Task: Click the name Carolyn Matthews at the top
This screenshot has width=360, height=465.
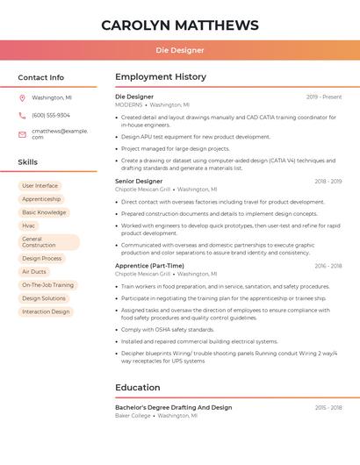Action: [x=179, y=25]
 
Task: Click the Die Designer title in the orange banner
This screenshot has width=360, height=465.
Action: [x=179, y=51]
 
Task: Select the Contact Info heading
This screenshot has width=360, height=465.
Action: [x=40, y=77]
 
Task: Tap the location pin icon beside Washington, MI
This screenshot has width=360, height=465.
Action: [x=23, y=97]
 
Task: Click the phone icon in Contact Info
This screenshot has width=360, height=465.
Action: [x=23, y=115]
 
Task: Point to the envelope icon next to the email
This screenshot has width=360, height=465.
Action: [x=23, y=133]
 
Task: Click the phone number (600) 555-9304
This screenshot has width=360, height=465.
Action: [x=51, y=115]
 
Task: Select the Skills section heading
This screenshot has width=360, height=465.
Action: [x=27, y=162]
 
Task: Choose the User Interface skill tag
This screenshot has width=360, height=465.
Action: [x=40, y=186]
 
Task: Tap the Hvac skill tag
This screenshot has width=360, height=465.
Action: [x=29, y=225]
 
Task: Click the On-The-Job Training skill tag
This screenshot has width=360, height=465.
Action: [x=47, y=285]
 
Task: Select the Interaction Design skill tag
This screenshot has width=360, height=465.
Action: [x=46, y=311]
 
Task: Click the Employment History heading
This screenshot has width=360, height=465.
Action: [x=161, y=77]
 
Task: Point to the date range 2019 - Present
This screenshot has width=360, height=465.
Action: [x=324, y=97]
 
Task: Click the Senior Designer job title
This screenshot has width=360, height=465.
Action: [x=139, y=181]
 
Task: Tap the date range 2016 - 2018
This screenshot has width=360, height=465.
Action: [x=328, y=266]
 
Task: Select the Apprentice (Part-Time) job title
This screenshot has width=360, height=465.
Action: [x=149, y=266]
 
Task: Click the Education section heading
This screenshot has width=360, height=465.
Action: [x=137, y=387]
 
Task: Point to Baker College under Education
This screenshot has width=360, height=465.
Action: [x=133, y=415]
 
